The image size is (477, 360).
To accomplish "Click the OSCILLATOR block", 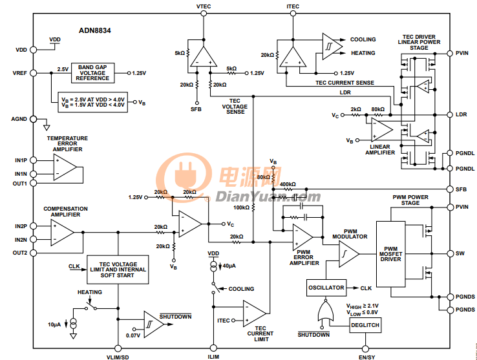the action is point(326,288).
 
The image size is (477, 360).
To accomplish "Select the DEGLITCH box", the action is point(365,325).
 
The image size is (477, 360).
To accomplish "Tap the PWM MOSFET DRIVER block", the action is point(390,254).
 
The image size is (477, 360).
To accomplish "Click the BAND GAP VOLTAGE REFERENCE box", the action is point(92,73).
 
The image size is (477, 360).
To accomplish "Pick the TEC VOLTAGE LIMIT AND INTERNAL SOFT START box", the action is point(118,270).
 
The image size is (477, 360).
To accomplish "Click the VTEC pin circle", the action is point(204,14).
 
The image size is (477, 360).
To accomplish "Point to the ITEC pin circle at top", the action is point(293,14).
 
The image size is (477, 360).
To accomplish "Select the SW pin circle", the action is point(450,253).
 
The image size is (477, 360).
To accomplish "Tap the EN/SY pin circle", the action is point(365,348).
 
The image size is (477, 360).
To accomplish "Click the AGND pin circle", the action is point(33,119).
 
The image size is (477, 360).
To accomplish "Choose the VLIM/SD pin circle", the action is point(118,348).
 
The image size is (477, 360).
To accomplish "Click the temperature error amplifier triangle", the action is point(65,167).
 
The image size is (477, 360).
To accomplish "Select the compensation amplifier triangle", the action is point(62,233).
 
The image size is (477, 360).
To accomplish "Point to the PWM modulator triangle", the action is point(348,254).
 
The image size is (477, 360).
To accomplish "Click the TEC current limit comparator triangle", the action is point(254,313).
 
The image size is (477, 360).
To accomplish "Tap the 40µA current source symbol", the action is point(213,266).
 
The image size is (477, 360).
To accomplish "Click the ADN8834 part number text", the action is point(94,30).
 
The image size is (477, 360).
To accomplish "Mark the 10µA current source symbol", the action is point(73,324).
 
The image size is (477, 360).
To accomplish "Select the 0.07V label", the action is point(133,335).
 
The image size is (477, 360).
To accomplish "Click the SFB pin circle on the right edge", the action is point(450,189).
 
